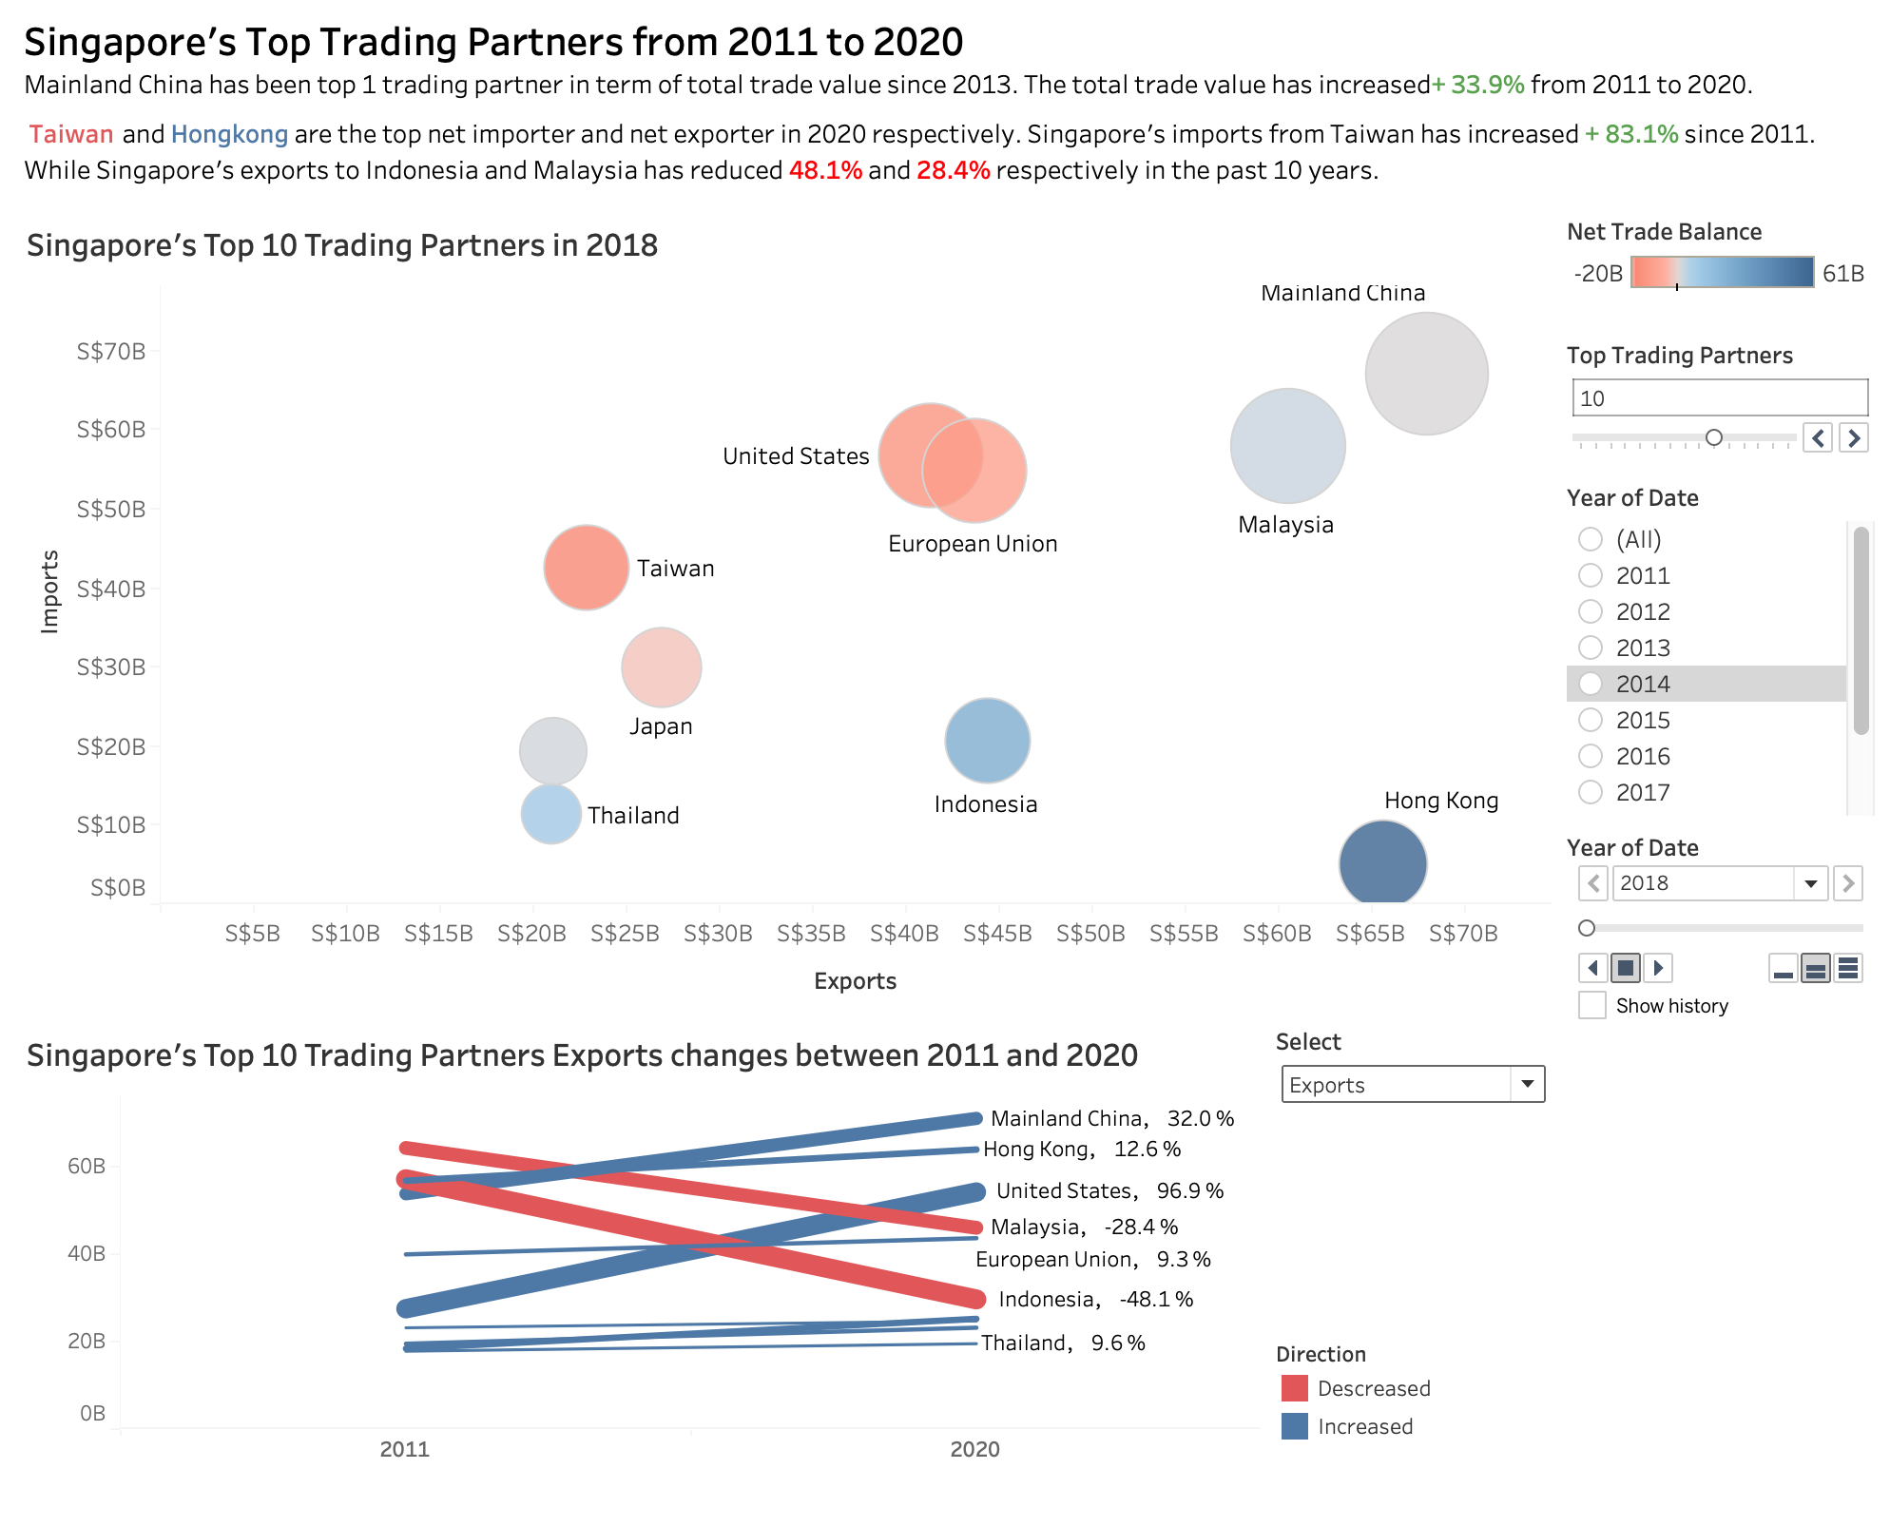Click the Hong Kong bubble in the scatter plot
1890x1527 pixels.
click(x=1382, y=862)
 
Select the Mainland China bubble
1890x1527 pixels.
click(x=1426, y=374)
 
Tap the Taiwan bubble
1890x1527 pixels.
click(x=586, y=568)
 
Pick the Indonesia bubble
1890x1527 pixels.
click(x=987, y=741)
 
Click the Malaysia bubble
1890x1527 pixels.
click(x=1287, y=445)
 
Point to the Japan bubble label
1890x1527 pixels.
click(x=661, y=726)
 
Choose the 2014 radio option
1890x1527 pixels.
click(x=1591, y=684)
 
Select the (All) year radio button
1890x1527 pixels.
click(x=1591, y=539)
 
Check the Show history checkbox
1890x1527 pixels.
click(x=1592, y=1005)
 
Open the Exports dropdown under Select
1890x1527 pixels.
click(x=1412, y=1085)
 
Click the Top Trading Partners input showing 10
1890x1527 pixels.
click(x=1719, y=398)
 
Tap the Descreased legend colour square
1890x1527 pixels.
click(x=1294, y=1388)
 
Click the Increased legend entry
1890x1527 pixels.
click(x=1364, y=1426)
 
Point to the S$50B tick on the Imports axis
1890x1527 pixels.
click(x=111, y=510)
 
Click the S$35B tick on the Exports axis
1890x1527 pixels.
click(x=811, y=934)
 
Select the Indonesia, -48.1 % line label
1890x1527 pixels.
click(x=1095, y=1299)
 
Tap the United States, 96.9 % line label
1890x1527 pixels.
click(x=1109, y=1190)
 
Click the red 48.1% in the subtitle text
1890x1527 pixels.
click(x=825, y=170)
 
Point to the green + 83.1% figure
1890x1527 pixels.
click(x=1630, y=134)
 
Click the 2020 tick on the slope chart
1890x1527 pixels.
click(x=974, y=1449)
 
